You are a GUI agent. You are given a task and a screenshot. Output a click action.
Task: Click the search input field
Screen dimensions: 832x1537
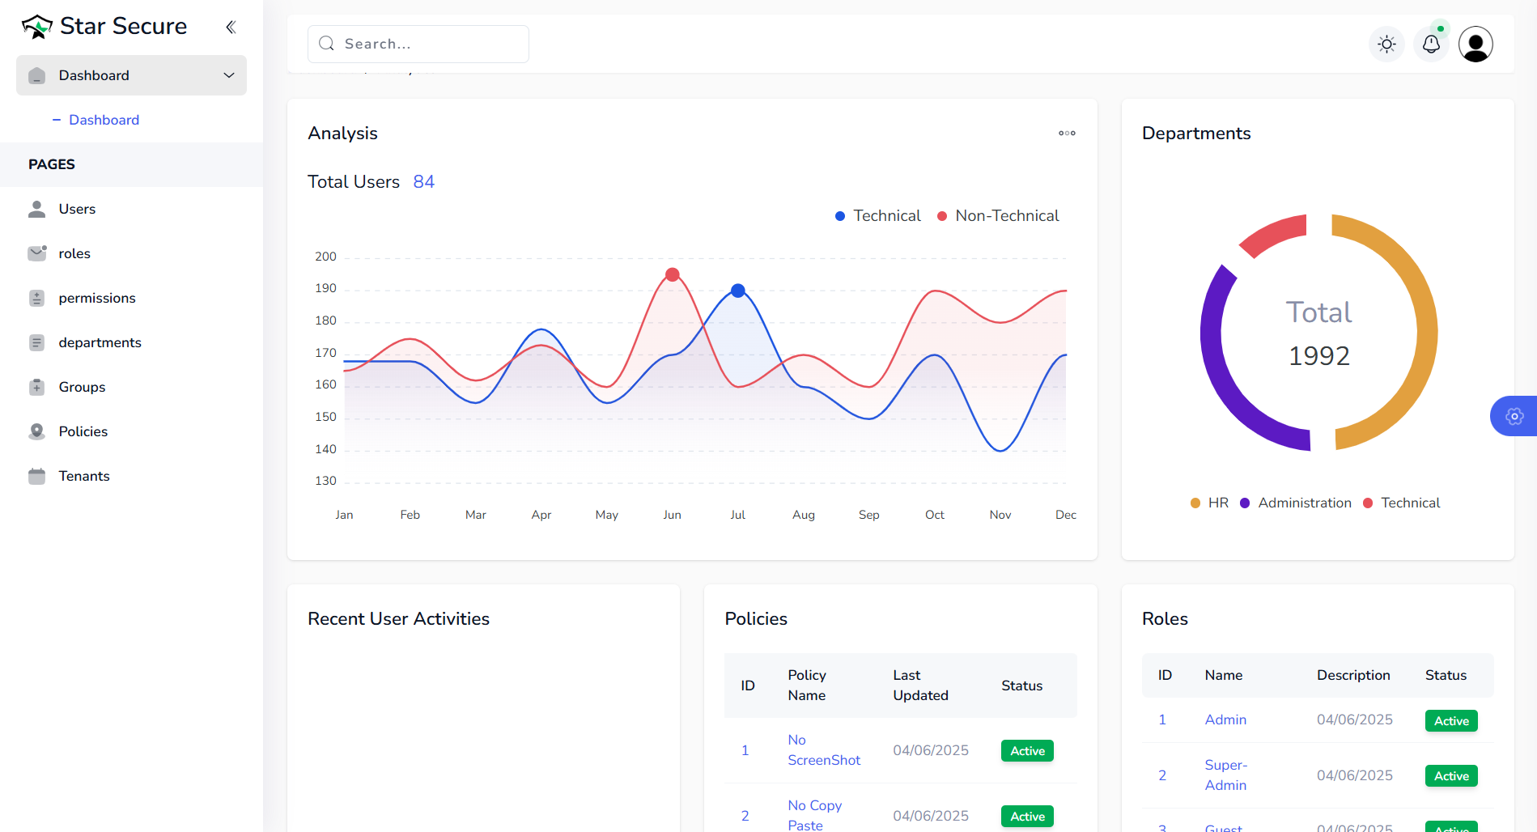[x=418, y=44]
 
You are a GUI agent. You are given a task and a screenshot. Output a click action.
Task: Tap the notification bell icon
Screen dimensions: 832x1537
[x=1431, y=44]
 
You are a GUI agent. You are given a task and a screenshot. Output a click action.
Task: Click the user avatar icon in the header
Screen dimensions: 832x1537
[x=1475, y=44]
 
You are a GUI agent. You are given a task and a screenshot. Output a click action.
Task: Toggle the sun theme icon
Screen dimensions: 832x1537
[x=1386, y=44]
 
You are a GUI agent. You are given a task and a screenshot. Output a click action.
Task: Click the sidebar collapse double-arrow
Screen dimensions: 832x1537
[x=231, y=27]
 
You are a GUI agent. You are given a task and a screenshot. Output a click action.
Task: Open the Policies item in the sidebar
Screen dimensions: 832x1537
[x=83, y=431]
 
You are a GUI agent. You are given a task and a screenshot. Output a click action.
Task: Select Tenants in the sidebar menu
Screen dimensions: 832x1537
[x=83, y=476]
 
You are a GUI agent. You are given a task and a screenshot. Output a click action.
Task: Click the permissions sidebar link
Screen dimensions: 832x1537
[x=96, y=298]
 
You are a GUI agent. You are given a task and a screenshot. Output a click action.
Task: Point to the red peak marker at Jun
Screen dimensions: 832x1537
[x=672, y=274]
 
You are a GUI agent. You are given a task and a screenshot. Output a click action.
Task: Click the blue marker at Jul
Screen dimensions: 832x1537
[x=737, y=291]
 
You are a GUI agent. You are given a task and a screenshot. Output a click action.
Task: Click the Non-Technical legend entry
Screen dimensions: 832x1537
[x=998, y=216]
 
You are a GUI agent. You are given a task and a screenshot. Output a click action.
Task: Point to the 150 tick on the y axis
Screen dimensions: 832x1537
[x=325, y=417]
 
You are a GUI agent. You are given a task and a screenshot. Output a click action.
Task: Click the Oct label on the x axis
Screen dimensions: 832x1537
[x=934, y=515]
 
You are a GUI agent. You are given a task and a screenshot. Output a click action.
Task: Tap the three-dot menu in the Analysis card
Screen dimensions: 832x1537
[x=1067, y=134]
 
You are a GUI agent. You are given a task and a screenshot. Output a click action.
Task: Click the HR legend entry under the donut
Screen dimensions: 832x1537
[x=1210, y=503]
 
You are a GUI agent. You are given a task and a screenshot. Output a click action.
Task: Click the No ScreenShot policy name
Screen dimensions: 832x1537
[x=823, y=750]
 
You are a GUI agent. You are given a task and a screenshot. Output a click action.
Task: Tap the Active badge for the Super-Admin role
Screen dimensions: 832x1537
[x=1450, y=776]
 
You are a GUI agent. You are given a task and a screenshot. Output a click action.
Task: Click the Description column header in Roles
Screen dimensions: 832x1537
[x=1352, y=675]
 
